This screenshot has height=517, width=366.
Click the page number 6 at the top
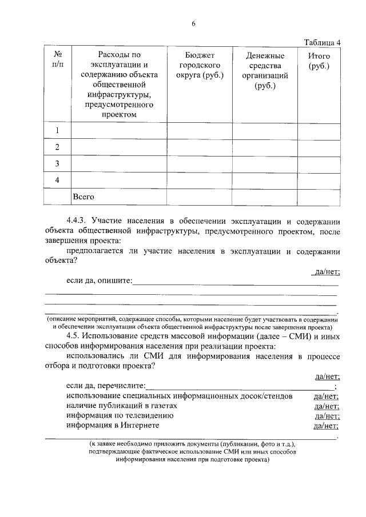193,23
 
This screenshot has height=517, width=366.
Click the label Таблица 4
323,43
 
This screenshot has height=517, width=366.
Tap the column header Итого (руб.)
319,61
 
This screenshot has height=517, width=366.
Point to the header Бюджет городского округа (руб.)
199,66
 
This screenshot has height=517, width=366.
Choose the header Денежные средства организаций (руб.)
265,71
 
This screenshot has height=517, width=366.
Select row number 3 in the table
58,164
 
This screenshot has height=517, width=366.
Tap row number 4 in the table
58,181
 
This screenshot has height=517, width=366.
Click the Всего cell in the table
83,197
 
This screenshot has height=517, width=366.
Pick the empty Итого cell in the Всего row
319,197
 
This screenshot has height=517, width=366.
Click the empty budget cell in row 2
199,147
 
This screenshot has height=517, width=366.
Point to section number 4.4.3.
78,222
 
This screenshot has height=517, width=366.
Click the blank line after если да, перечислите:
240,386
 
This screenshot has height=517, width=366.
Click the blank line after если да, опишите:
234,281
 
